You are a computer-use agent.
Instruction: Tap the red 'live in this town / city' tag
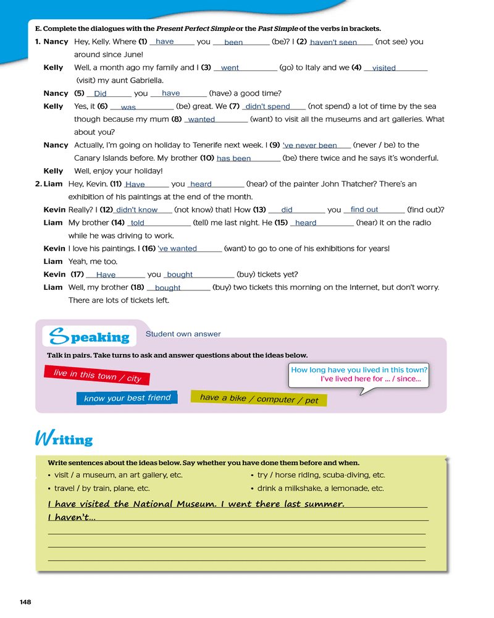coord(97,375)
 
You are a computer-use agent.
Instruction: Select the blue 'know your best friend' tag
coord(127,398)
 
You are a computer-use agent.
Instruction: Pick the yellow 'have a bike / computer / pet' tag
coord(259,399)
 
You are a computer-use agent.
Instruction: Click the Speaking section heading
coord(89,337)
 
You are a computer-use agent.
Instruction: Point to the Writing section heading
coord(64,439)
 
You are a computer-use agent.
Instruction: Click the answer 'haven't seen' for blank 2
coord(333,43)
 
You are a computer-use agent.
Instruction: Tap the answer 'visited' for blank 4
coord(384,69)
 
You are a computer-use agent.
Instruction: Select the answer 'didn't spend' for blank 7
coord(267,107)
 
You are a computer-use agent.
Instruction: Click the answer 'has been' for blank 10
coord(233,159)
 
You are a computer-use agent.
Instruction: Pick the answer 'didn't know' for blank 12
coord(136,210)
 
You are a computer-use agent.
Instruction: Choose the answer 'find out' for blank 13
coord(364,210)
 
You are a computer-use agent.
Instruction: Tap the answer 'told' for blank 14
coord(137,223)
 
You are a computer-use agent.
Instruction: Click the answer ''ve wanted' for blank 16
coord(178,249)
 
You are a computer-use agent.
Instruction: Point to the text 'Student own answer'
coord(183,334)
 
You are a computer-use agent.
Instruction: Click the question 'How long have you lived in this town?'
coord(359,370)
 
